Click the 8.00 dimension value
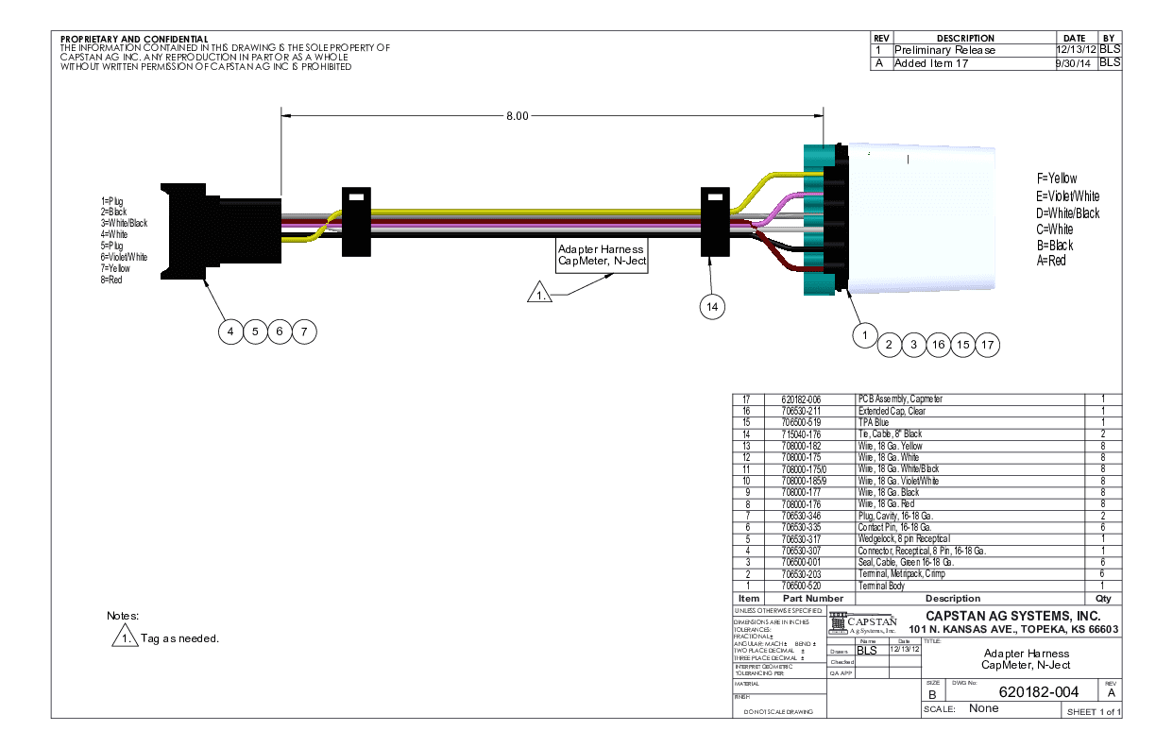517,116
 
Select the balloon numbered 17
987,345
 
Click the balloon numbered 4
229,331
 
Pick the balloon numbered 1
863,332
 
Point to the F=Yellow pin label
1056,178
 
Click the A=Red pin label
1050,261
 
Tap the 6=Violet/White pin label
124,257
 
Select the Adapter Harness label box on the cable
603,255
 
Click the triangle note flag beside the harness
539,294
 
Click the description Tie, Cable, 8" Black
890,433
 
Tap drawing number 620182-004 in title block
1038,692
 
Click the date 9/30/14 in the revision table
1073,63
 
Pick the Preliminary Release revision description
944,50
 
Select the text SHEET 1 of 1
1094,711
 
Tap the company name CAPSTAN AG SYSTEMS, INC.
1013,617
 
